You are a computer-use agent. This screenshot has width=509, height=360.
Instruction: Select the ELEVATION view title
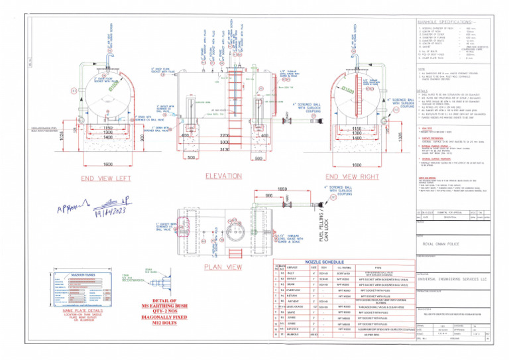(223, 176)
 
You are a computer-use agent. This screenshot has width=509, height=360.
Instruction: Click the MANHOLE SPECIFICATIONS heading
(445, 23)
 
